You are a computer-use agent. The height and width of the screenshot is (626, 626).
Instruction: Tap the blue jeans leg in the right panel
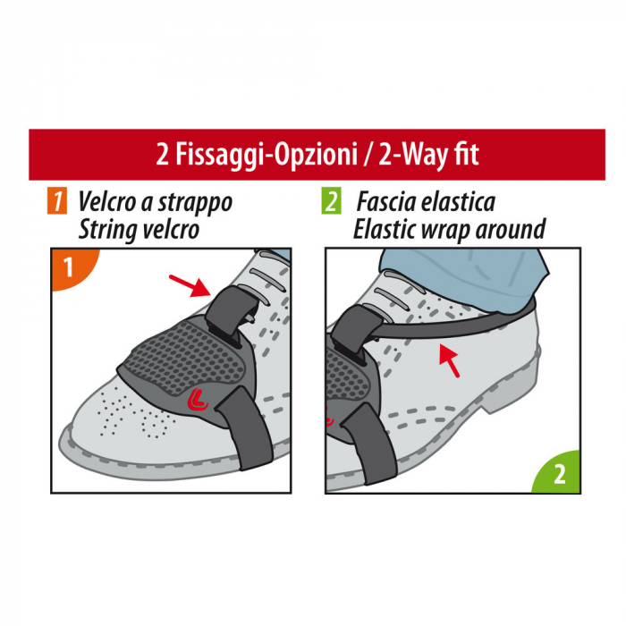(465, 273)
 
